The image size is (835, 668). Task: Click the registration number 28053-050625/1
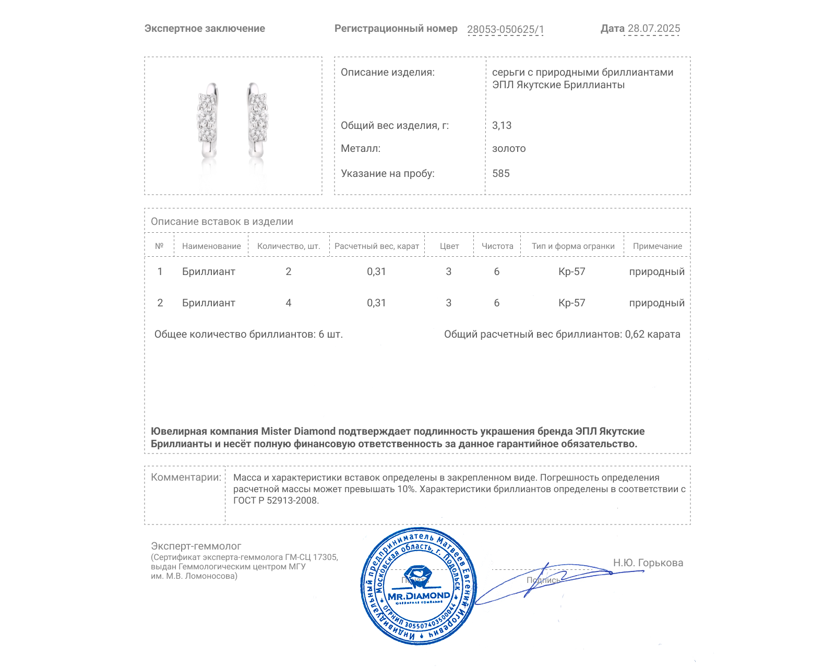pos(505,29)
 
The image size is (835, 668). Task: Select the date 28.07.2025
pos(653,29)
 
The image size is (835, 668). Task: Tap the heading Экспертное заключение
pos(205,29)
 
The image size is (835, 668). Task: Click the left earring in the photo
pos(208,120)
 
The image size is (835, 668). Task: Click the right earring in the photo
pos(256,120)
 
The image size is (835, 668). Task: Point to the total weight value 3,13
pos(502,126)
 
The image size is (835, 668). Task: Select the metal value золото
pos(509,149)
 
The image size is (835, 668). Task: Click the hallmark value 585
pos(501,174)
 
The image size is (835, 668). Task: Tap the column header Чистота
pos(497,246)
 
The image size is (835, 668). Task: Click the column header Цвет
pos(449,246)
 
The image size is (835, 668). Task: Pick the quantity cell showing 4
pos(289,303)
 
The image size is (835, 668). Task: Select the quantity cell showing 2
pos(289,272)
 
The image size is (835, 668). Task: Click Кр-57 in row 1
pos(572,272)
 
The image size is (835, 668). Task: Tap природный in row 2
pos(657,303)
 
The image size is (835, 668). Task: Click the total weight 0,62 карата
pos(652,335)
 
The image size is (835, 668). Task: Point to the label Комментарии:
pos(186,478)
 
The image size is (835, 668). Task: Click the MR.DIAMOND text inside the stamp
pos(419,596)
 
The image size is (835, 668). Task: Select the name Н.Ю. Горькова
pos(648,563)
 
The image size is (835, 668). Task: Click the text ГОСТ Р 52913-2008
pos(276,501)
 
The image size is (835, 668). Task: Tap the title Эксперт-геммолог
pos(196,546)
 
